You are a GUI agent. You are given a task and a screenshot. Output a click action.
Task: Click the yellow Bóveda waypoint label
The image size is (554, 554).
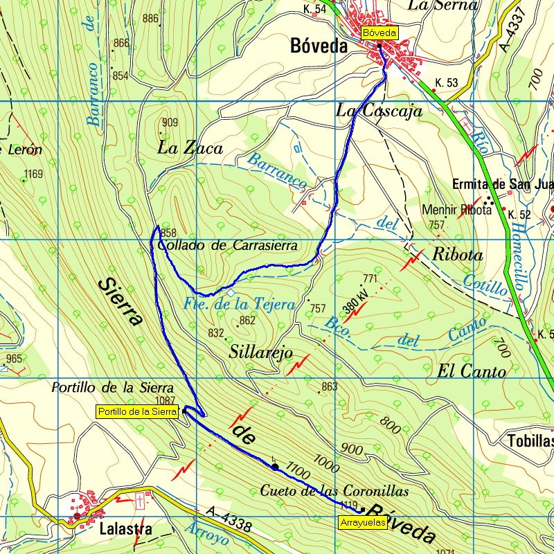pos(379,33)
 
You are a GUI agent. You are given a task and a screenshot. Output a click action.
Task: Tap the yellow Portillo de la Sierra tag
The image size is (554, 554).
pos(137,411)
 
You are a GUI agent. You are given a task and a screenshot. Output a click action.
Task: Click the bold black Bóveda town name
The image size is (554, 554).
pos(319,47)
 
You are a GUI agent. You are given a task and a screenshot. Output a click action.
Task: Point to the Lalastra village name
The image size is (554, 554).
pos(125,529)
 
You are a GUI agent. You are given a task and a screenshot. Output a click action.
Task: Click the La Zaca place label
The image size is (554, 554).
pos(190,148)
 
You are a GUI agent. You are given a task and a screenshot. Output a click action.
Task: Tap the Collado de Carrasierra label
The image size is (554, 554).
pos(227,245)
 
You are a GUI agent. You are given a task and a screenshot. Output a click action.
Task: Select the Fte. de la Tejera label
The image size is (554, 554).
pos(240,304)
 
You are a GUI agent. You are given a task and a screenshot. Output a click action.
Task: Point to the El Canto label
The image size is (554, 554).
pos(472,371)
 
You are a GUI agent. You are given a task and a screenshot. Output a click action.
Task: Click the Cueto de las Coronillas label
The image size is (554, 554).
pos(334,490)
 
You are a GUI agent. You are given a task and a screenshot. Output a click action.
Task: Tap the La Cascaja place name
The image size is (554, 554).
pos(379,110)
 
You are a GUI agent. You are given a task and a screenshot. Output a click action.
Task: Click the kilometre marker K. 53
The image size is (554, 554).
pos(447,82)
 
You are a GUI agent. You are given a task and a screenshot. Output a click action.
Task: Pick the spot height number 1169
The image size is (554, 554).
pos(33,174)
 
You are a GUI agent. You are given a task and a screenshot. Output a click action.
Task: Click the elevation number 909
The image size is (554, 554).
pos(170,123)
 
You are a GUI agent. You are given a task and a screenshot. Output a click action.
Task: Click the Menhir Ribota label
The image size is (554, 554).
pos(452,209)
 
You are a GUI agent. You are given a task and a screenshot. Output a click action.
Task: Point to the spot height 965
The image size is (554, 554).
pos(15,359)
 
